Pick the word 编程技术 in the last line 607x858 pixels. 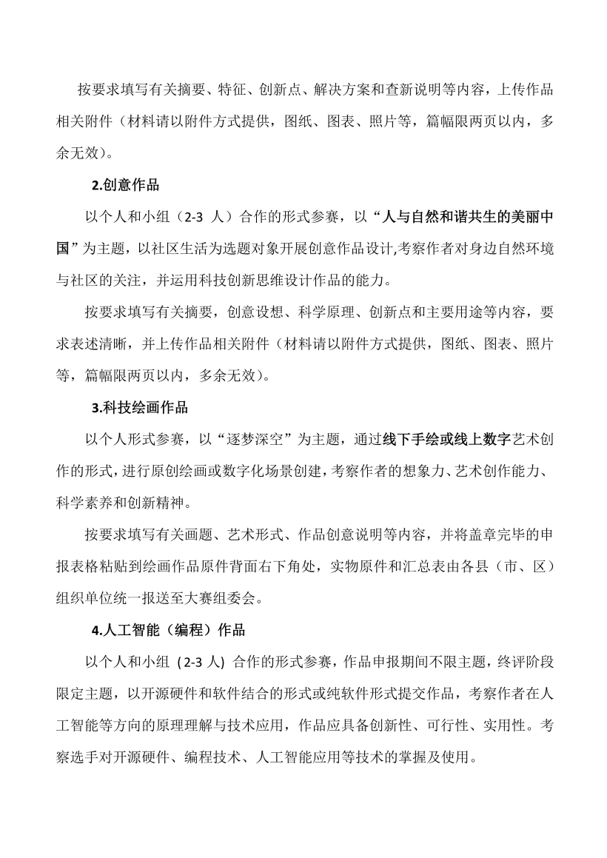tap(212, 759)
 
